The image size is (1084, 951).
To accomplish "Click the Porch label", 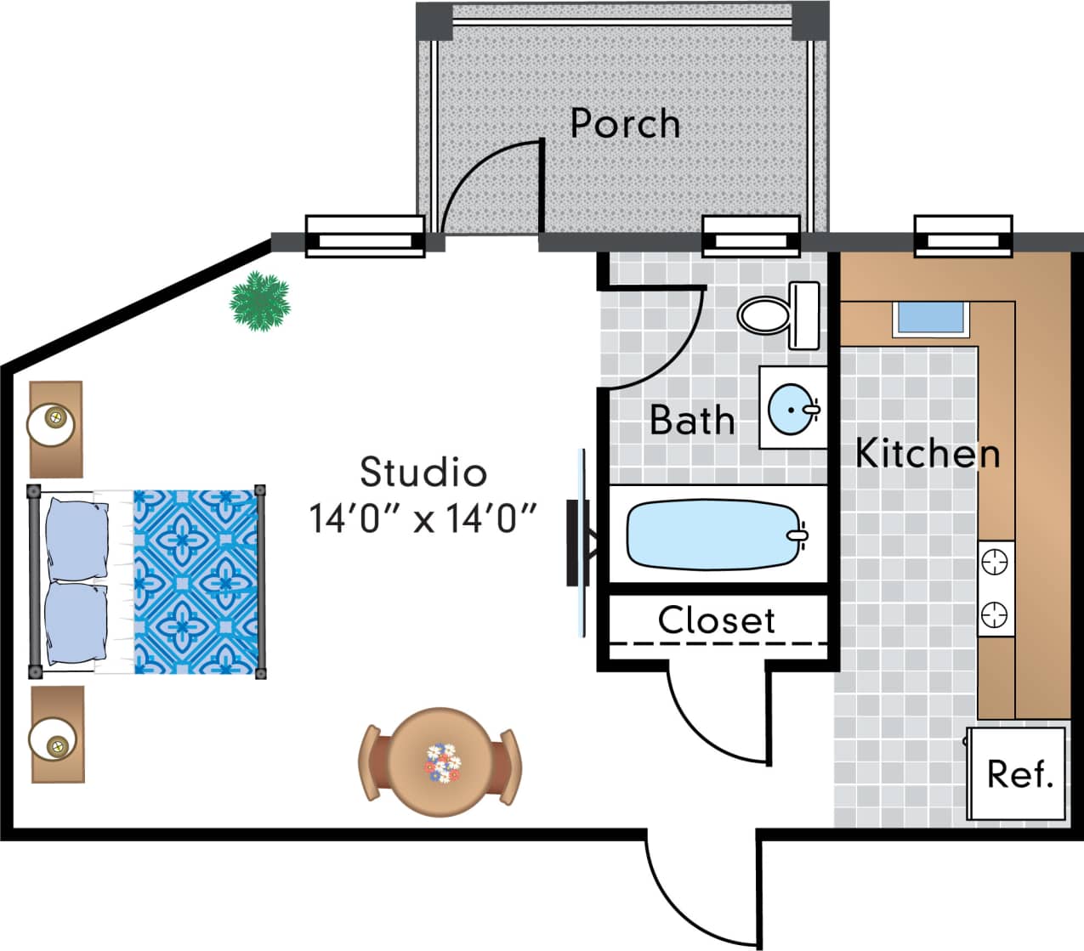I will (625, 124).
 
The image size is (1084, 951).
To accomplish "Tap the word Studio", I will (423, 473).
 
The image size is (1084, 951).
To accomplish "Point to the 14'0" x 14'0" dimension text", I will (423, 518).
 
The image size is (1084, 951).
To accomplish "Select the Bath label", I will (692, 420).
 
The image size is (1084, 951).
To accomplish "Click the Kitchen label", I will (928, 453).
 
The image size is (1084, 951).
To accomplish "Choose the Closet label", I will (716, 620).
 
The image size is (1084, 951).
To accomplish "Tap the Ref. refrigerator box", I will (1019, 773).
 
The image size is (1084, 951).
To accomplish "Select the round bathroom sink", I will (793, 409).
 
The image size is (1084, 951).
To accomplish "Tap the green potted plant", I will (260, 301).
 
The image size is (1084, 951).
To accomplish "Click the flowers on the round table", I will (441, 762).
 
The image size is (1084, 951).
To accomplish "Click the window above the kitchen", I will (962, 235).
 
